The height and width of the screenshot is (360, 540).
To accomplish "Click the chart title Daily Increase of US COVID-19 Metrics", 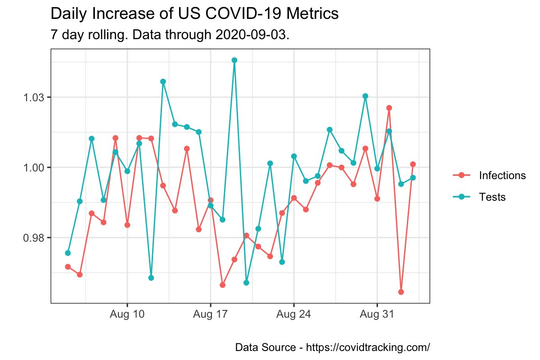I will [x=194, y=14].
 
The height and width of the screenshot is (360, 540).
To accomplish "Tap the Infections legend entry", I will [x=502, y=175].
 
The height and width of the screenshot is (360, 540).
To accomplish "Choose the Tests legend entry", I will [x=492, y=197].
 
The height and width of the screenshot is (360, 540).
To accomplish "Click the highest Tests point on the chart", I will [x=234, y=60].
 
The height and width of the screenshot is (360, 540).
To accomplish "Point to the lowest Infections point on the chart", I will [x=401, y=292].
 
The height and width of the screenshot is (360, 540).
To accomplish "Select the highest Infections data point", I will [x=389, y=108].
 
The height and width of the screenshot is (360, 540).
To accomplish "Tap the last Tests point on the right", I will [x=413, y=178].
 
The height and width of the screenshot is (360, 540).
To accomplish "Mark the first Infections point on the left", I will [x=67, y=267].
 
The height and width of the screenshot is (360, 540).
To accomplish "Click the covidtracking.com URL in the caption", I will [x=368, y=348].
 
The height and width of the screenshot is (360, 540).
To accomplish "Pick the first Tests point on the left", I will [x=67, y=253].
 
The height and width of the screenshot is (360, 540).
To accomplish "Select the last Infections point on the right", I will [x=413, y=164].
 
